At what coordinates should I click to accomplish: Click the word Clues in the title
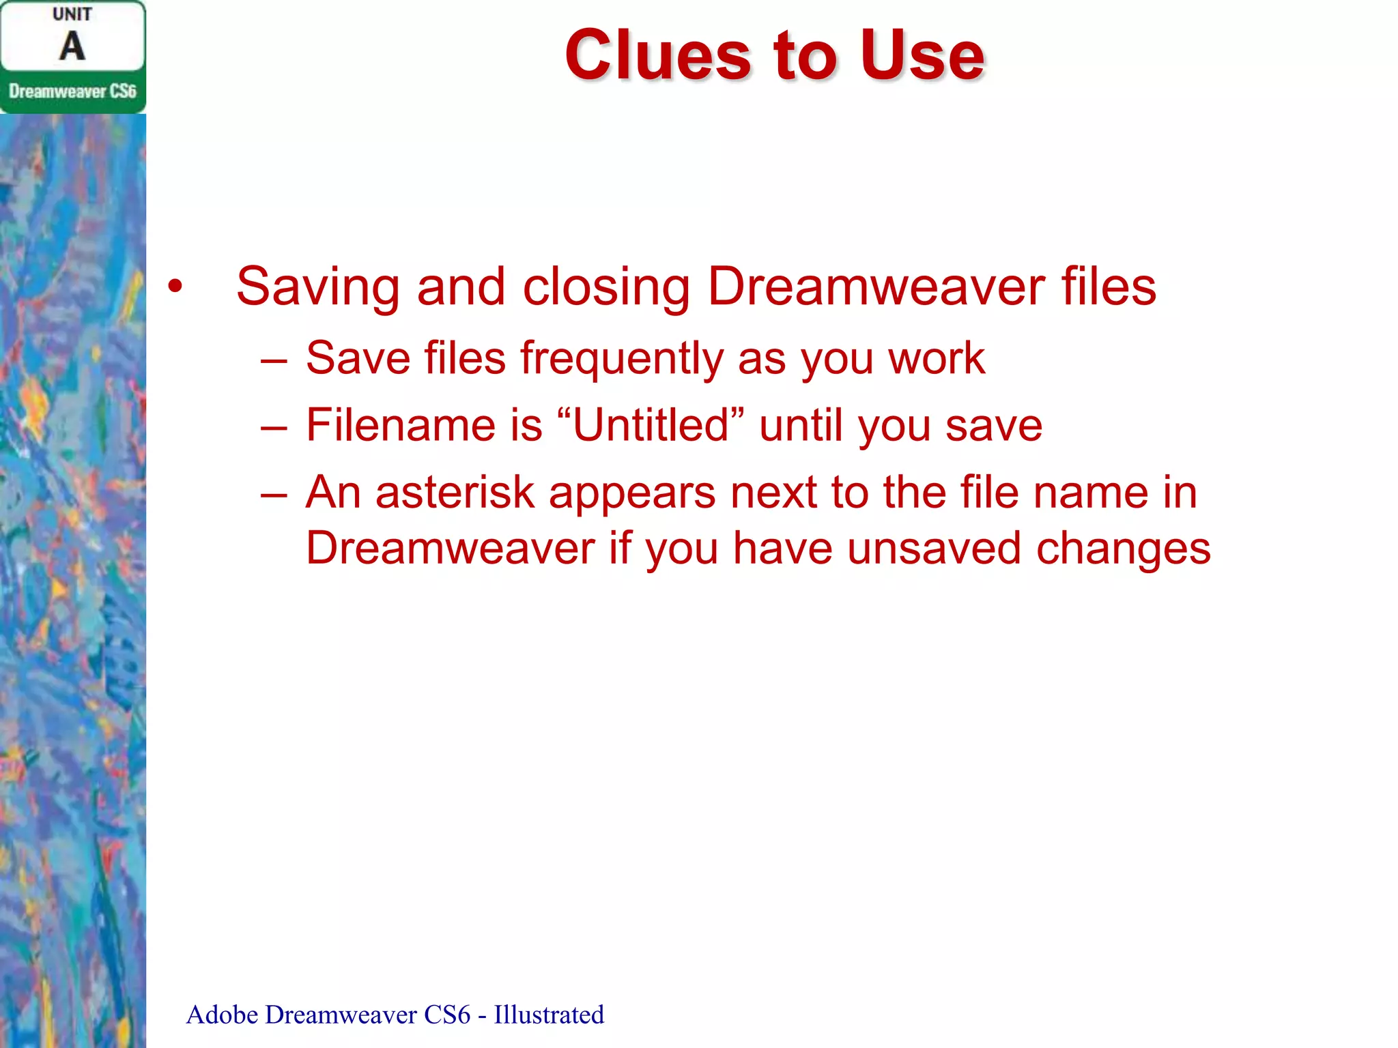(x=658, y=56)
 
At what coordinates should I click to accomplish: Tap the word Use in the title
(x=922, y=56)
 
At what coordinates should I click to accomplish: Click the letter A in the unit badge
(x=72, y=47)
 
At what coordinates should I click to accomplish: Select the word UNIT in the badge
(x=72, y=14)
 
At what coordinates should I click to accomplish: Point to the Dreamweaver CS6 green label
(x=72, y=91)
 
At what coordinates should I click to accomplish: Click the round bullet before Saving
(x=175, y=287)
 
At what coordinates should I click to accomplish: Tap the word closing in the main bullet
(x=606, y=287)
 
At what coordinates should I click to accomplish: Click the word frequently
(x=621, y=359)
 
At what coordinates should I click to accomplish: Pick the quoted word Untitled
(x=651, y=426)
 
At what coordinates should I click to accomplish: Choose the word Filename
(x=400, y=426)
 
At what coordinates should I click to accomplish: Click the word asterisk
(x=455, y=493)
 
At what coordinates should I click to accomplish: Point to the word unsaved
(x=933, y=549)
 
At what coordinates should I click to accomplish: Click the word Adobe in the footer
(x=222, y=1015)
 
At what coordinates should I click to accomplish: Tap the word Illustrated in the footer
(x=549, y=1015)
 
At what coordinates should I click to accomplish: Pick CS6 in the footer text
(x=447, y=1015)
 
